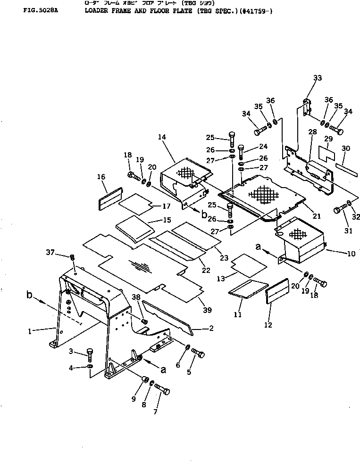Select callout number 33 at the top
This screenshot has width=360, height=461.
click(317, 78)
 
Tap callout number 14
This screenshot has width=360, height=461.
click(162, 137)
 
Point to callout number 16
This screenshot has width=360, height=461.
click(101, 176)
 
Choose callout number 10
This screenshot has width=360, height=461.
click(351, 254)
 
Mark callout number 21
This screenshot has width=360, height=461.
click(316, 216)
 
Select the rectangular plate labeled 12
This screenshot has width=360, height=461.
click(277, 293)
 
